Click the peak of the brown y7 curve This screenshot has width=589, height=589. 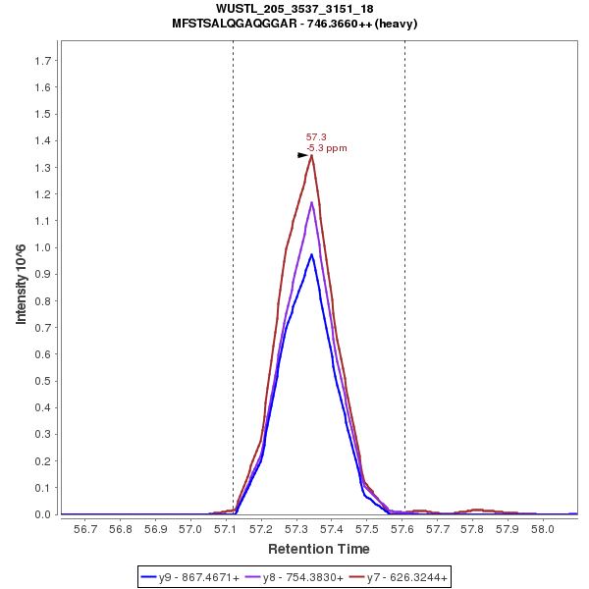point(311,155)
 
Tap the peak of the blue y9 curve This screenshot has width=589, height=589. point(311,254)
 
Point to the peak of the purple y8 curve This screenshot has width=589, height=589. point(311,202)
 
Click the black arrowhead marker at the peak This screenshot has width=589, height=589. point(303,155)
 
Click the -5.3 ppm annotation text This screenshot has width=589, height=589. point(327,148)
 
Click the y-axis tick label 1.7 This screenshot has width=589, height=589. point(43,61)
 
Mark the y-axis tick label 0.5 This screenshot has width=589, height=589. point(43,381)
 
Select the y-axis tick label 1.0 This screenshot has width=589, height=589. point(43,247)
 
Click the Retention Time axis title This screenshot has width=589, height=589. point(319,549)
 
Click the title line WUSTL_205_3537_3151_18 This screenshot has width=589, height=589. point(294,9)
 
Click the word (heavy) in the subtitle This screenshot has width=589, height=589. point(397,24)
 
